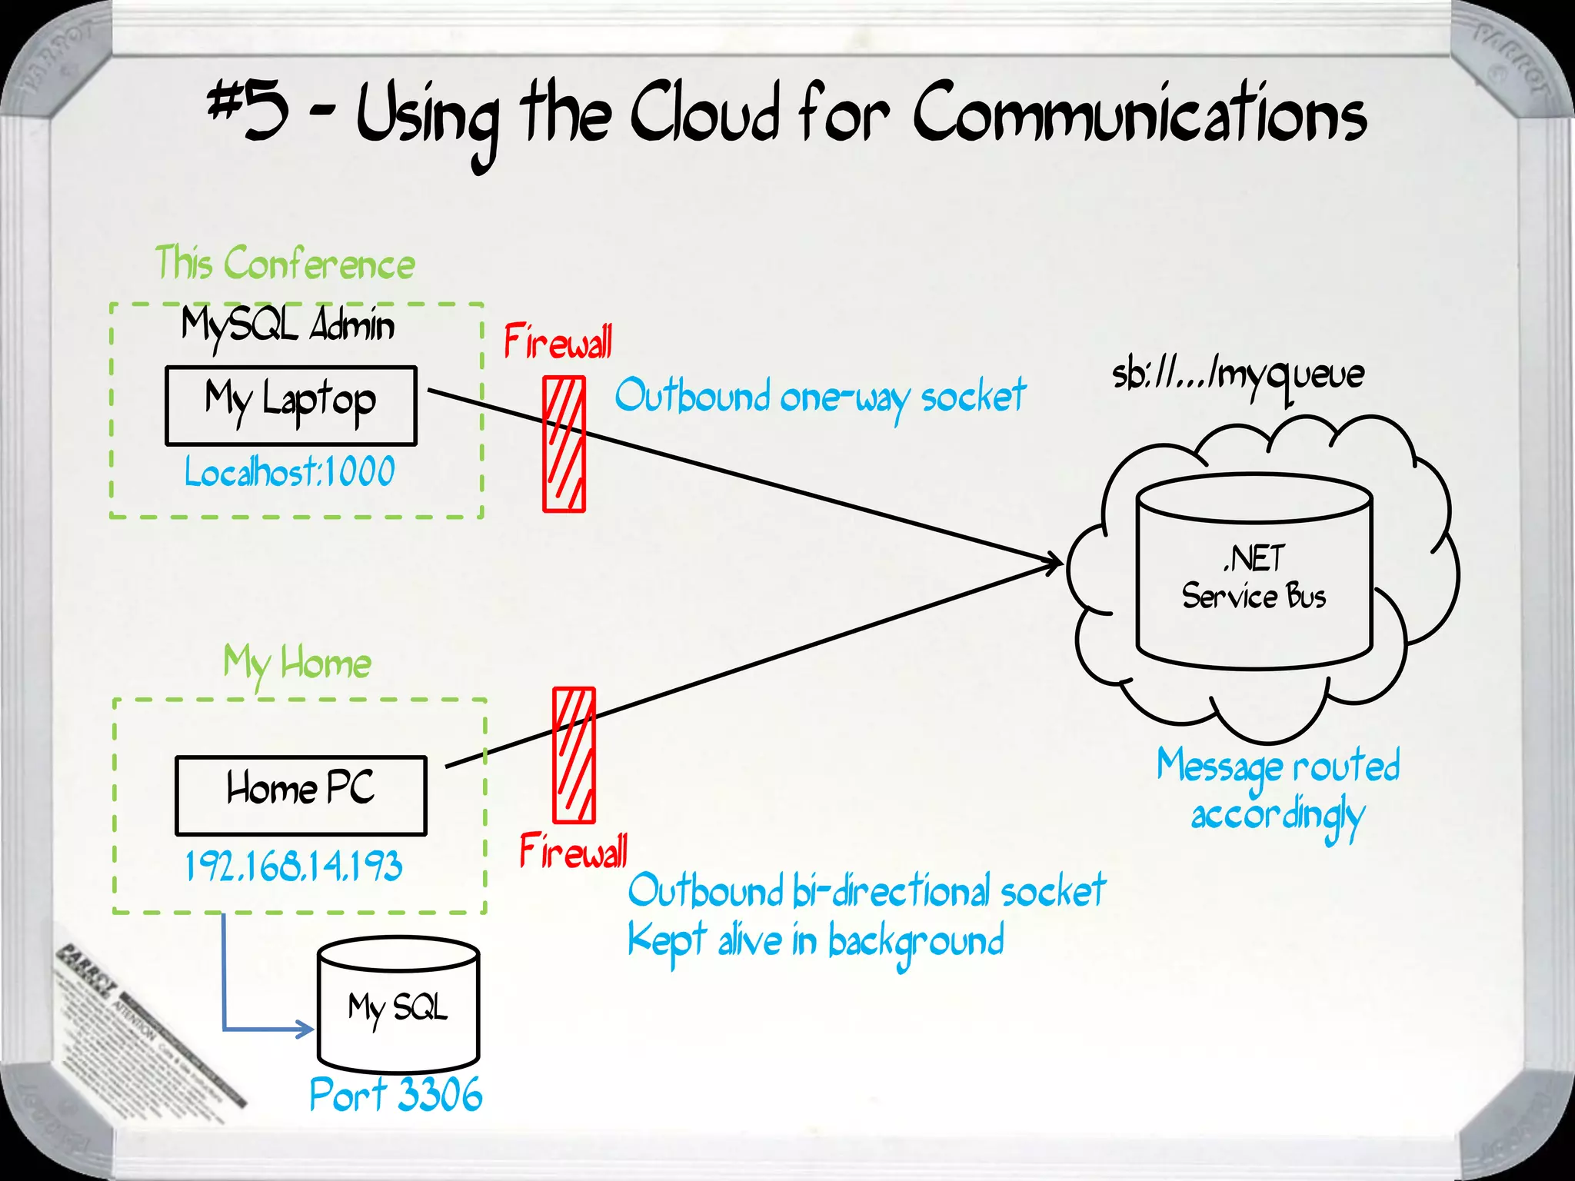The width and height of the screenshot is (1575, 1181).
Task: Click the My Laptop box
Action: tap(291, 406)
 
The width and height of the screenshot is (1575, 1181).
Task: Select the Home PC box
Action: tap(301, 795)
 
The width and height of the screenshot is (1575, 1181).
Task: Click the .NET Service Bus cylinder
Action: tap(1254, 577)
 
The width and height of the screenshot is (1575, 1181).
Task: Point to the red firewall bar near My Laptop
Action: tap(564, 444)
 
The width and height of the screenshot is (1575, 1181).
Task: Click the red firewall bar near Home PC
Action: tap(574, 755)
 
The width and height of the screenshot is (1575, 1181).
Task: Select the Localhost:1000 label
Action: tap(290, 471)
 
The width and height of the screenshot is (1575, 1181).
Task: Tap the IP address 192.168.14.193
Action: tap(294, 867)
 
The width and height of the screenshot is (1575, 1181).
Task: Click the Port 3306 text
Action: tap(396, 1094)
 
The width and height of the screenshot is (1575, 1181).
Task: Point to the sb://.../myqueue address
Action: tap(1238, 376)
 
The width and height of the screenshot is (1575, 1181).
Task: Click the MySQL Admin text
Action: tap(288, 325)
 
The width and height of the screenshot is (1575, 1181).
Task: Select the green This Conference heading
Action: tap(285, 264)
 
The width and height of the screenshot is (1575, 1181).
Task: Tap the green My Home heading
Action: tap(297, 663)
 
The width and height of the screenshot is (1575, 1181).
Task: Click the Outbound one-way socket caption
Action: tap(820, 398)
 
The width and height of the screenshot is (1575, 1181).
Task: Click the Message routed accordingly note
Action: tap(1278, 790)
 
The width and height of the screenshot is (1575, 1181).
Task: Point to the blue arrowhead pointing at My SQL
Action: tap(307, 1029)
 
